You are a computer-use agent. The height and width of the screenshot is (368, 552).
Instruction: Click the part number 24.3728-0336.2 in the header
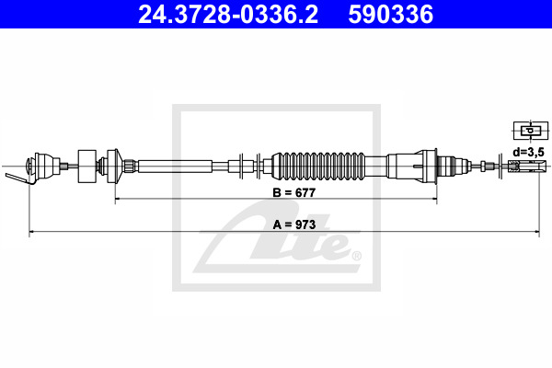(228, 15)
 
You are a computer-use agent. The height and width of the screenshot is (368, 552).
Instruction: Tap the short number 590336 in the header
(390, 15)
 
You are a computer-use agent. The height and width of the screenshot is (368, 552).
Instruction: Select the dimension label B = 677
(294, 192)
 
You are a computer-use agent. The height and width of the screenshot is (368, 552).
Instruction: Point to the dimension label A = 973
(294, 224)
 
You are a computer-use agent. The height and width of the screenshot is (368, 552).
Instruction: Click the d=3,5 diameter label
(528, 152)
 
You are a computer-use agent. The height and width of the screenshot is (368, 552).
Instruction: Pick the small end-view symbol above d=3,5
(531, 131)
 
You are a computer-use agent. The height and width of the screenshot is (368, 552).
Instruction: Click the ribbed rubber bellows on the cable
(318, 166)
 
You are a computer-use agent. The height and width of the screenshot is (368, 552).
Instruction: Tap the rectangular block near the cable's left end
(87, 167)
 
